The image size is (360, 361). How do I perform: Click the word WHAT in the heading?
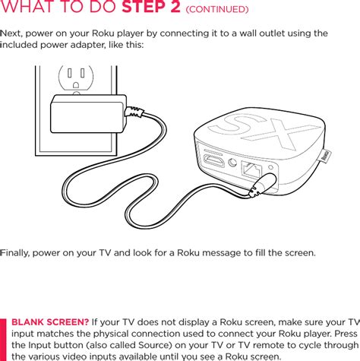click(x=30, y=9)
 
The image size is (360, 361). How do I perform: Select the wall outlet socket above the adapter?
click(x=77, y=78)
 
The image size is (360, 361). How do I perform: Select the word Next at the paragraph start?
click(x=13, y=33)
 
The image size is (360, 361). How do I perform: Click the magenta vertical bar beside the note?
click(x=3, y=339)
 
